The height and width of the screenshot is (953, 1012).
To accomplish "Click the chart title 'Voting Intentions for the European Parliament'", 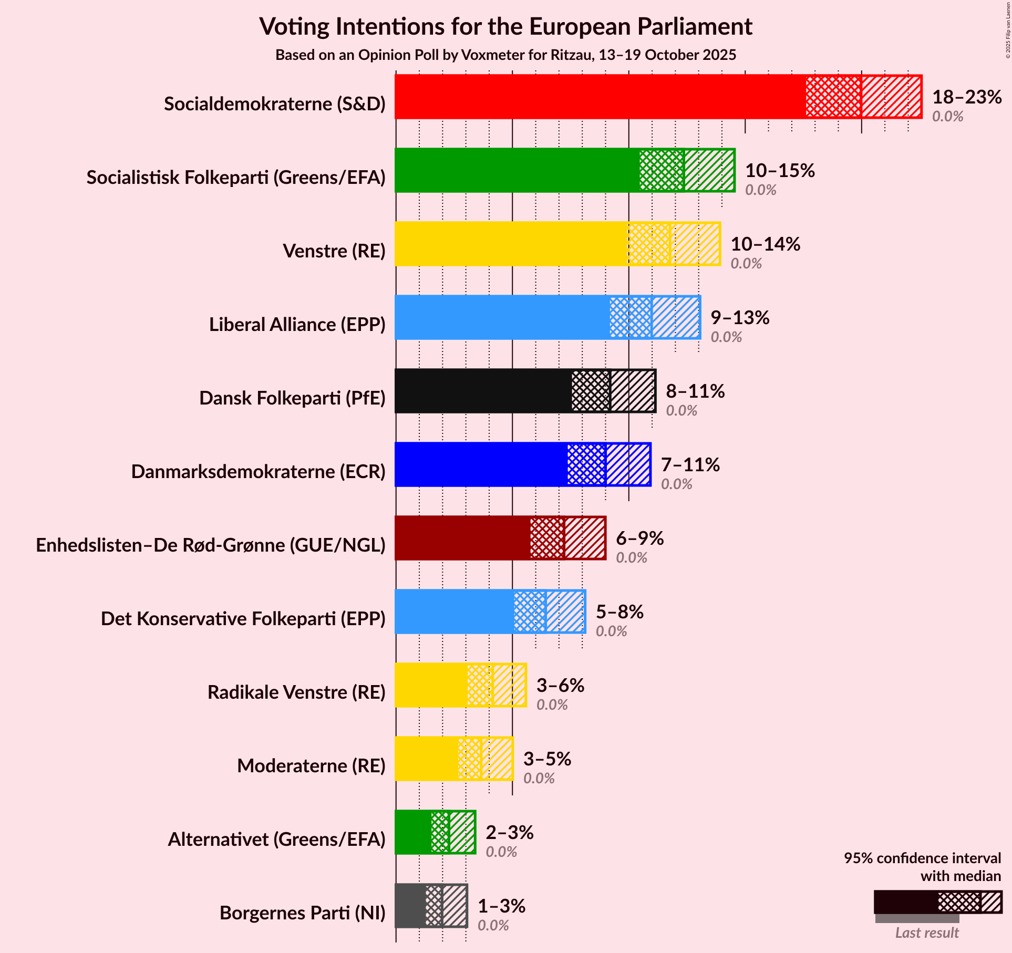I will pyautogui.click(x=505, y=26).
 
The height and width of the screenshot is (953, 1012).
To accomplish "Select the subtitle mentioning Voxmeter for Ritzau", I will pyautogui.click(x=505, y=55).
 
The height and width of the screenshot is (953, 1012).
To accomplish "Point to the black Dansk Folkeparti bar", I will pyautogui.click(x=483, y=391).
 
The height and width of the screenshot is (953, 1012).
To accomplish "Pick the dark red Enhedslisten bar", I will pyautogui.click(x=462, y=538).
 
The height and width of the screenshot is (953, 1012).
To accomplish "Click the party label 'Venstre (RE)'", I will pyautogui.click(x=334, y=251).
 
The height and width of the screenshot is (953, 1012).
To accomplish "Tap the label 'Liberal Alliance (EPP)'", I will pyautogui.click(x=297, y=325).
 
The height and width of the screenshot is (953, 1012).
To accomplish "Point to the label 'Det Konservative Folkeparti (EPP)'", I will pyautogui.click(x=243, y=619).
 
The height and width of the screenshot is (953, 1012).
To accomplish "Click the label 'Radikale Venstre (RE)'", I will pyautogui.click(x=296, y=692).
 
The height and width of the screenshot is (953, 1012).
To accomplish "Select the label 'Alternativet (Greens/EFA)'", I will pyautogui.click(x=277, y=840).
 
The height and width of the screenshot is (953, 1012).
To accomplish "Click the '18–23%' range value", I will pyautogui.click(x=967, y=97).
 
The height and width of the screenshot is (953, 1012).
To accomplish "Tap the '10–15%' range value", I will pyautogui.click(x=780, y=170).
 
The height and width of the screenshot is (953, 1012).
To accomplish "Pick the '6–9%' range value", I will pyautogui.click(x=639, y=538).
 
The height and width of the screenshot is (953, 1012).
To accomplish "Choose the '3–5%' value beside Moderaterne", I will pyautogui.click(x=547, y=759).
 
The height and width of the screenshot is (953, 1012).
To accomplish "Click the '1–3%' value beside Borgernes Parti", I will pyautogui.click(x=501, y=906).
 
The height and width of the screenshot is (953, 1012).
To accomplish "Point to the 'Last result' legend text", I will pyautogui.click(x=927, y=933).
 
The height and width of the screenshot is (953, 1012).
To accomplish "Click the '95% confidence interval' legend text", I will pyautogui.click(x=922, y=858).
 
